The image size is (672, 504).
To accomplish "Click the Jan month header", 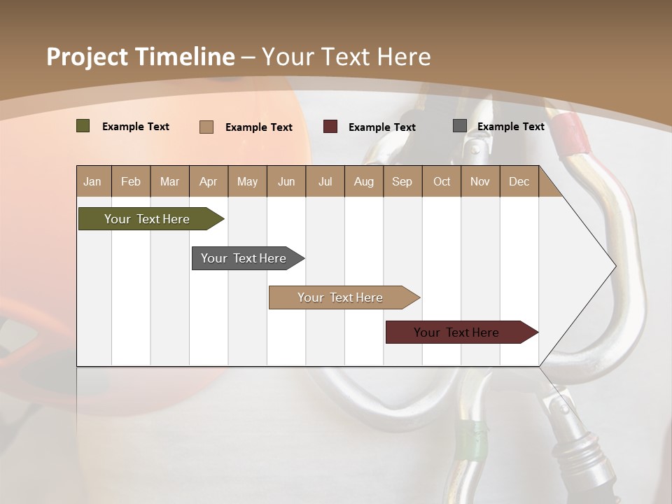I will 92,181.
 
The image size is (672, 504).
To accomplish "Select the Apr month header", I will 208,181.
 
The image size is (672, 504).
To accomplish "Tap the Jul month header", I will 325,181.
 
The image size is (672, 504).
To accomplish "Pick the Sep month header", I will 402,181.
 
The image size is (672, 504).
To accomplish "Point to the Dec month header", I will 519,181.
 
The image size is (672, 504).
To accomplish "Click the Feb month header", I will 131,181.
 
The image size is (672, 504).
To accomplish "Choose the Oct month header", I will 442,181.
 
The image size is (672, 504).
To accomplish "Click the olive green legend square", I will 83,126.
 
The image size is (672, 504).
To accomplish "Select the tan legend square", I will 206,127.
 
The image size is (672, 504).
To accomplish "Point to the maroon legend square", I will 330,127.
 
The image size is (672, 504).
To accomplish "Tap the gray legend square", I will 460,126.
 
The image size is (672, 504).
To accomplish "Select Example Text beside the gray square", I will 510,127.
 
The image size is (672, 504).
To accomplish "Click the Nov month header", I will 480,181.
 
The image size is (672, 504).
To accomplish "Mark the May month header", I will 247,181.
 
